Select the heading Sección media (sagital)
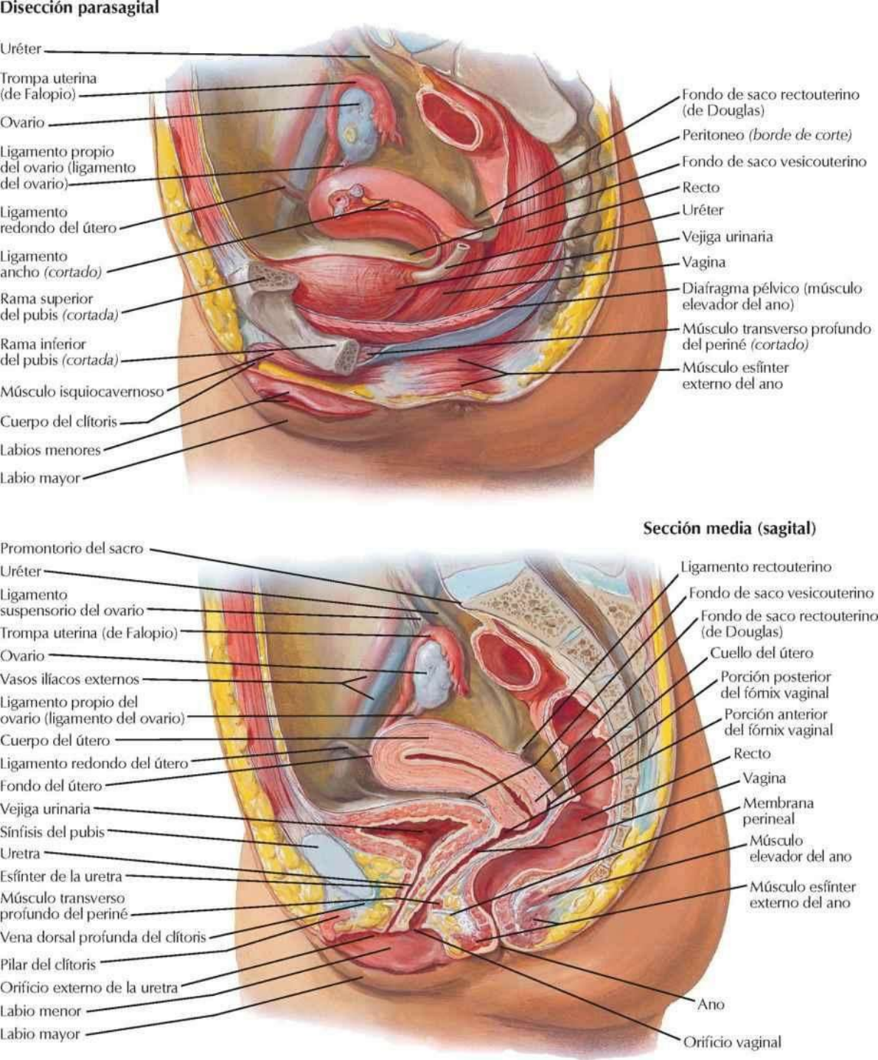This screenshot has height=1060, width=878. point(729,529)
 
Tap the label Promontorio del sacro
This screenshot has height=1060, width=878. point(72,549)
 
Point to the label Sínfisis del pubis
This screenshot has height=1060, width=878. point(52,832)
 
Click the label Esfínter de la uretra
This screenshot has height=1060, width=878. point(61,876)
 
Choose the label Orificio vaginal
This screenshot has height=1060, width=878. point(732,1042)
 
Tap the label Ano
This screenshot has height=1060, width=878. point(711,1005)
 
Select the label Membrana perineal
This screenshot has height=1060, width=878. point(778,811)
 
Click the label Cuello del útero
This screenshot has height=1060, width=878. point(762,653)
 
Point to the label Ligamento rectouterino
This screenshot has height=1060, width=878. point(756,567)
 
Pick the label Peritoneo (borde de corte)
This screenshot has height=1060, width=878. point(767,136)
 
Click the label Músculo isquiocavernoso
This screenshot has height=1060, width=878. point(82,392)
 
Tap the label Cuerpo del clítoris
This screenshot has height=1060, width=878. point(59,422)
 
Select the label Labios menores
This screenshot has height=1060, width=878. point(50,450)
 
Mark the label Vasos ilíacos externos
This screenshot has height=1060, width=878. point(69,680)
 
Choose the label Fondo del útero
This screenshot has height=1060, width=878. point(51,786)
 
